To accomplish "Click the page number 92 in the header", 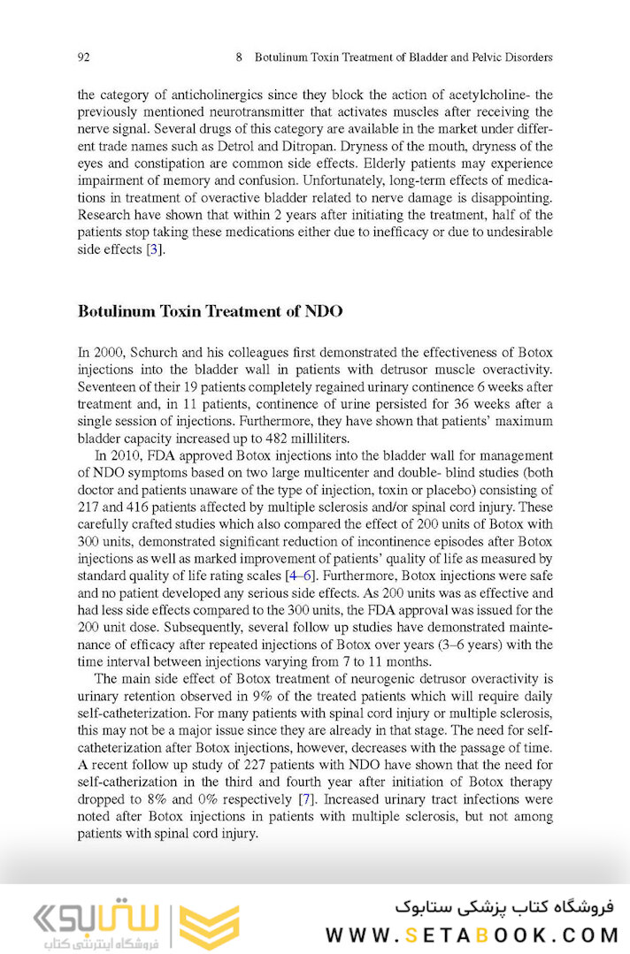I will pyautogui.click(x=84, y=57).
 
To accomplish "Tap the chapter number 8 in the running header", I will pyautogui.click(x=240, y=57).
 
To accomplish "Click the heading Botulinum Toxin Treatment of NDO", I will pyautogui.click(x=210, y=311).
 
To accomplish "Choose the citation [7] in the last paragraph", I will pyautogui.click(x=306, y=799).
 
